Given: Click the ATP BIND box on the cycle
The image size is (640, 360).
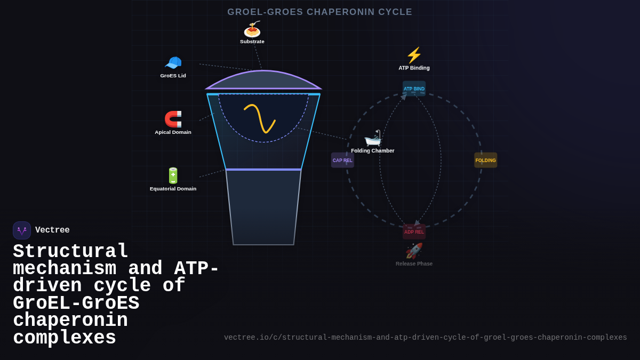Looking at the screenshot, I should point(414,89).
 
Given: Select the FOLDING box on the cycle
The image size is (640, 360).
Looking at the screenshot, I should point(485,160).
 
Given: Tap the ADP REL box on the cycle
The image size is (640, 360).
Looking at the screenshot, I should point(414,231).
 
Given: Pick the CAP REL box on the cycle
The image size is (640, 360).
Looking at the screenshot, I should point(342,160).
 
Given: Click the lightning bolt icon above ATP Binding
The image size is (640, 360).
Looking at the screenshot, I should point(414,55).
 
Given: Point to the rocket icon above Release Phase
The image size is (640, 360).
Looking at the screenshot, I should point(414,251).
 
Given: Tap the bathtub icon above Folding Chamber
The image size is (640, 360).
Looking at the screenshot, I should point(373,138).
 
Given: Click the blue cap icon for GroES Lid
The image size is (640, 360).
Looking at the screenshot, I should point(173,63).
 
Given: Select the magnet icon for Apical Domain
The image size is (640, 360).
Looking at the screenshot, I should point(173,119).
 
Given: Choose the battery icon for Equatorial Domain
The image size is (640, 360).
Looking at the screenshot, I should point(173,175).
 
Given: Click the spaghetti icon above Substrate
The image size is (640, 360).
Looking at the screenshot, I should point(252,29).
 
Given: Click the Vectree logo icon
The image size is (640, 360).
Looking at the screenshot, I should point(22,230).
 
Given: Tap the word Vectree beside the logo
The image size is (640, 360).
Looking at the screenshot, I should point(52,230).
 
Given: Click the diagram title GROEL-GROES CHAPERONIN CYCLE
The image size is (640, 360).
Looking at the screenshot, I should point(320,12).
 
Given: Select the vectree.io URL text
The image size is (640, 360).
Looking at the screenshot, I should point(425,338).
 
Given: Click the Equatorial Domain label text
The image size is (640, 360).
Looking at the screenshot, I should point(173,189).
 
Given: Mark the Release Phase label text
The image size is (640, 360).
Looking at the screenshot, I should point(414,263).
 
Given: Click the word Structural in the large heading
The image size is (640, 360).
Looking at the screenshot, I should point(70,251).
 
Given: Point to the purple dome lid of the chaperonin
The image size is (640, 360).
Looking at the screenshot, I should point(263,80).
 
